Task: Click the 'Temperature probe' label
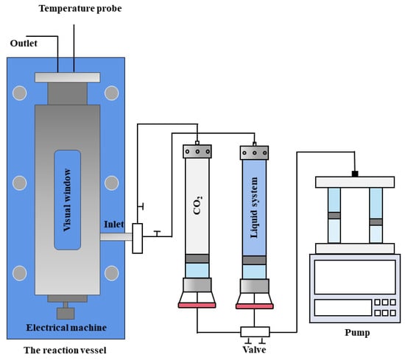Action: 80,9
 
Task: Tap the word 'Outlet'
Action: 24,43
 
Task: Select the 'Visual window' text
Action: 67,200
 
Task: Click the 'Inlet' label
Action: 113,224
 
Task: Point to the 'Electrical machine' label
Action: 66,328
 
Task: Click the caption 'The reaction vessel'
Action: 65,350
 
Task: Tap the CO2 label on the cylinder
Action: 197,205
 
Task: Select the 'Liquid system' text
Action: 254,208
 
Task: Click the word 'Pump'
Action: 357,332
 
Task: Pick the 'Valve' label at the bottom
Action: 254,350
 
